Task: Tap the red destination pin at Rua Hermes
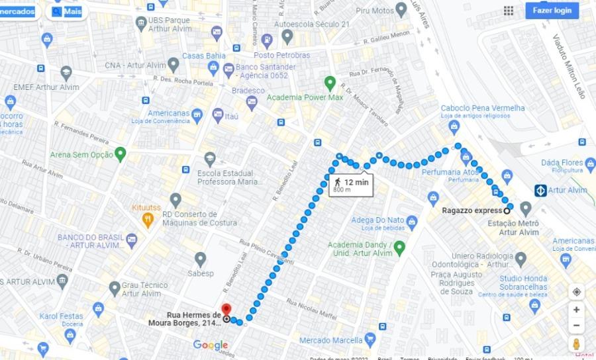(x=226, y=310)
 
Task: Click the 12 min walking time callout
(x=351, y=185)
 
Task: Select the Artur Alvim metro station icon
(x=540, y=191)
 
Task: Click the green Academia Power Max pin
(x=330, y=83)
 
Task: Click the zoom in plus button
(x=576, y=310)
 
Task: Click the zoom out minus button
(x=576, y=326)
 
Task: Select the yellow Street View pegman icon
(x=576, y=345)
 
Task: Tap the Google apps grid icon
(x=509, y=11)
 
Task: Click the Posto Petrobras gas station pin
(x=267, y=40)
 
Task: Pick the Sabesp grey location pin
(x=200, y=259)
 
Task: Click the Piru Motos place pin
(x=401, y=10)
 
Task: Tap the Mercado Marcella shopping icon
(x=370, y=340)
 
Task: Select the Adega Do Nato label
(x=377, y=220)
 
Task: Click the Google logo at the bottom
(x=211, y=345)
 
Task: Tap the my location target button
(x=576, y=292)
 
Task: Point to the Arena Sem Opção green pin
(x=120, y=155)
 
